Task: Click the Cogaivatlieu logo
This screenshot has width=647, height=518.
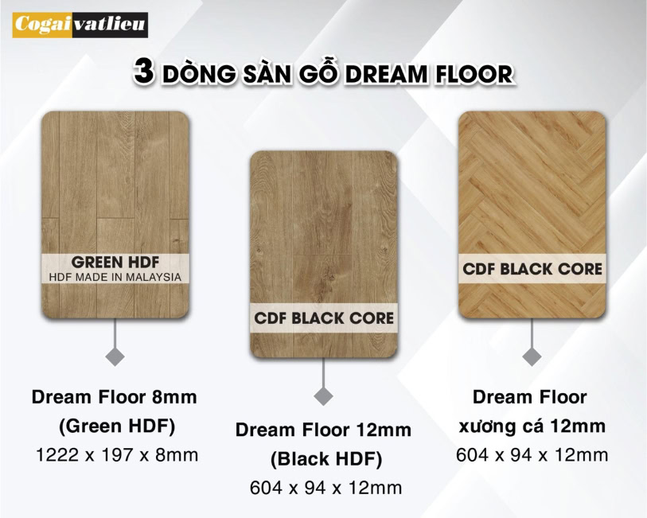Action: tap(80, 25)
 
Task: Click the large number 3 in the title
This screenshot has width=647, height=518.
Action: tap(144, 72)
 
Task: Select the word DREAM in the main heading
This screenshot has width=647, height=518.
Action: tap(387, 75)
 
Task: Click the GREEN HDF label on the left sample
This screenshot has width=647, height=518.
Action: tap(115, 263)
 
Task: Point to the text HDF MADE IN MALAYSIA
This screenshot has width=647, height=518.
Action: tap(115, 277)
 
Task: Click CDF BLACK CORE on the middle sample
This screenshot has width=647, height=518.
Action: tap(324, 318)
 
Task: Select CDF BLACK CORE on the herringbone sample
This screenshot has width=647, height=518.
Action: tap(532, 269)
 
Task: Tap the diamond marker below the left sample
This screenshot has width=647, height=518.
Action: tap(115, 356)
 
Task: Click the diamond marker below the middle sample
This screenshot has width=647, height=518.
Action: tap(323, 396)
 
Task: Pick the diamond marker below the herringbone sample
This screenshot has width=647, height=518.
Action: tap(532, 356)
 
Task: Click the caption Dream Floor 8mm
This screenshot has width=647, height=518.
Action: tap(115, 397)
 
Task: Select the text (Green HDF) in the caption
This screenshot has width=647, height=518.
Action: tap(117, 426)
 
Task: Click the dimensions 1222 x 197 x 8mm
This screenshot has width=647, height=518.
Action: tap(117, 455)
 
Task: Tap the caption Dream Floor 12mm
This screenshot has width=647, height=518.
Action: tap(323, 430)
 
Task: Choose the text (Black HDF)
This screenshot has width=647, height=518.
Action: tap(326, 459)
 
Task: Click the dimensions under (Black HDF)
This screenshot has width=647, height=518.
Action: tap(326, 488)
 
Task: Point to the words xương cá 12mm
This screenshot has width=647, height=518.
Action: tap(532, 426)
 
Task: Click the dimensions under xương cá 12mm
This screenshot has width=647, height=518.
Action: tap(532, 455)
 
